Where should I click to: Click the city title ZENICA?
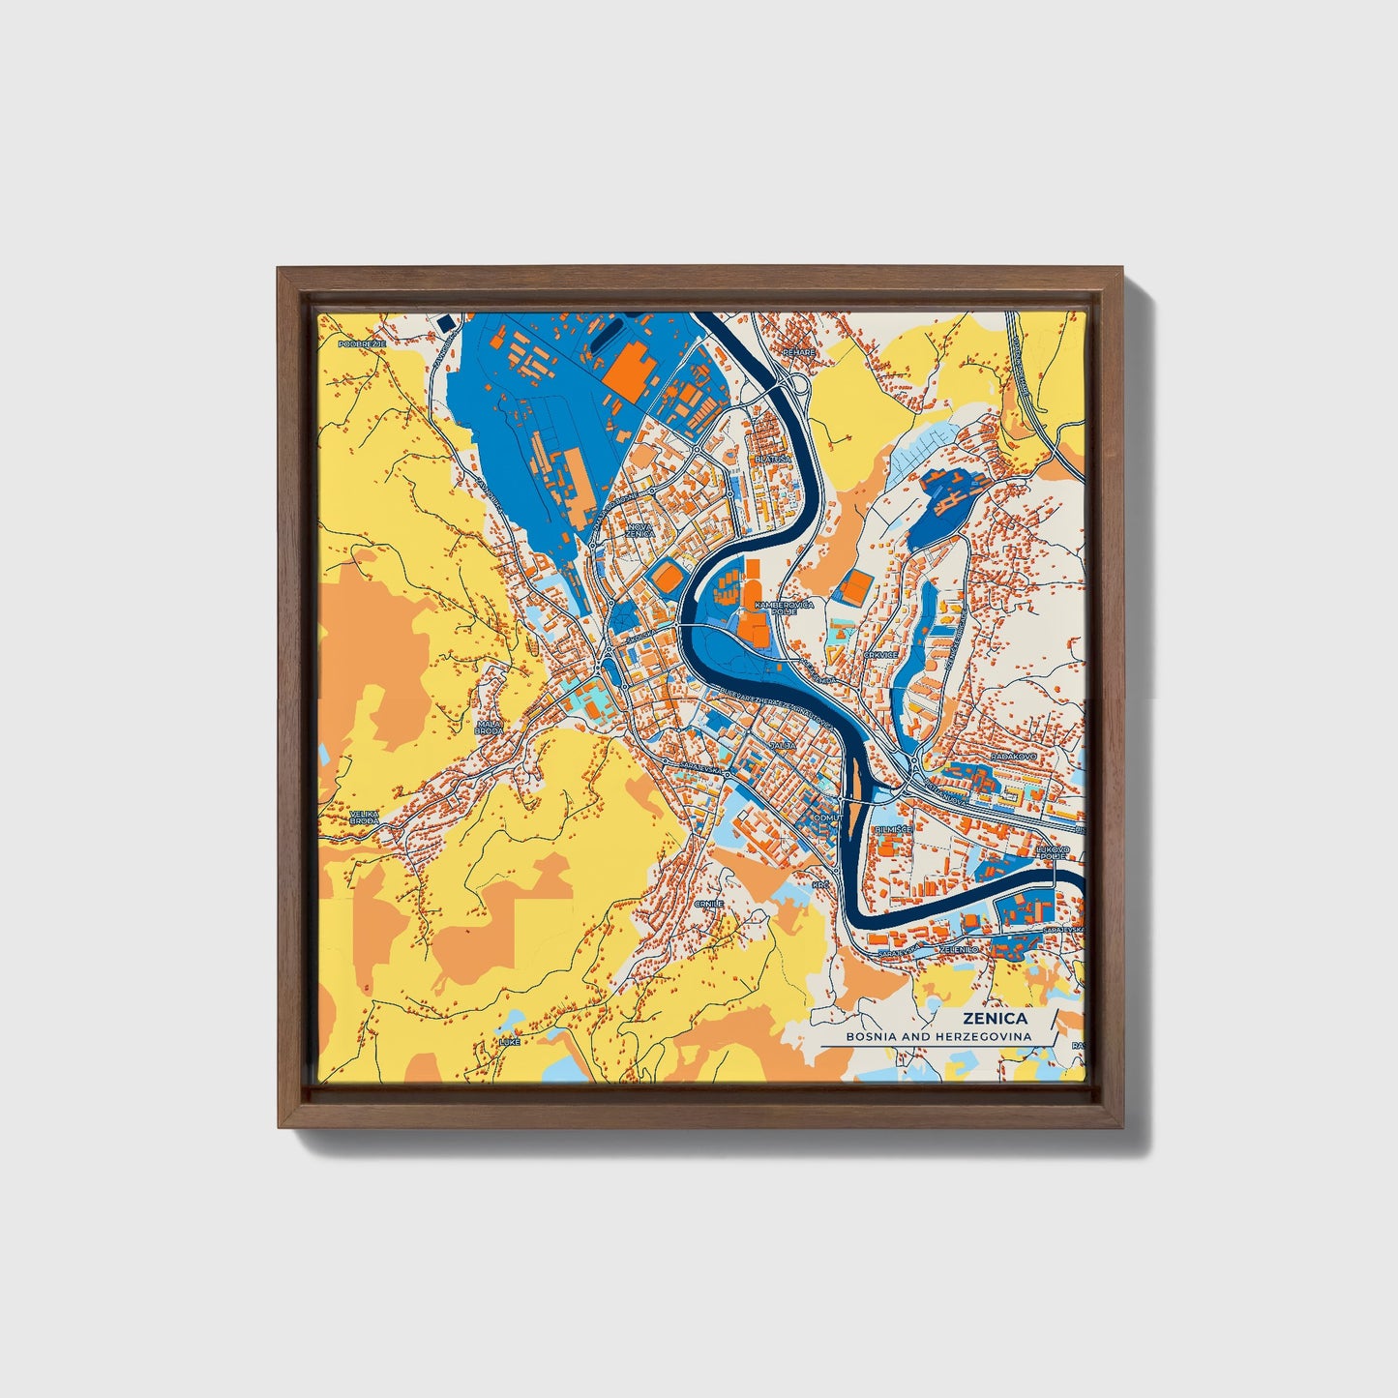(x=995, y=1018)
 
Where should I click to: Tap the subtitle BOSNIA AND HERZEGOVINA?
(x=937, y=1036)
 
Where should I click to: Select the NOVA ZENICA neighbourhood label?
(x=640, y=530)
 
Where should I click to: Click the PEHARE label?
(x=799, y=352)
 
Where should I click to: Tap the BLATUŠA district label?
(x=773, y=459)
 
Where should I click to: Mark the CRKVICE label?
(x=880, y=655)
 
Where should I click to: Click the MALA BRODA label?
(x=490, y=728)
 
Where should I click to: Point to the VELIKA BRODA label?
(x=365, y=817)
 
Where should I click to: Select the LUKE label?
(x=509, y=1042)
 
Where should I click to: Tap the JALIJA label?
(x=783, y=746)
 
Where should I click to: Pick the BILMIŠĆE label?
(x=891, y=830)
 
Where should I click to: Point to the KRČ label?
(x=820, y=884)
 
